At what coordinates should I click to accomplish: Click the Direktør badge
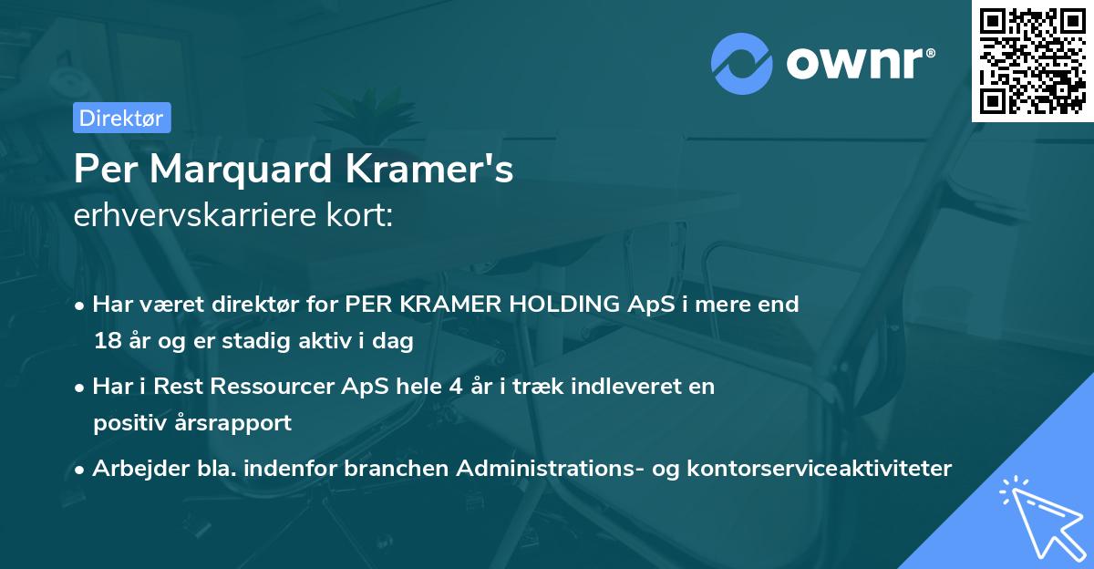(121, 118)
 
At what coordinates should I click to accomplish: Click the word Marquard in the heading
(238, 169)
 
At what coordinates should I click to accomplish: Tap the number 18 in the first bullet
(106, 342)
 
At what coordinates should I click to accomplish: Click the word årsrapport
(239, 423)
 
